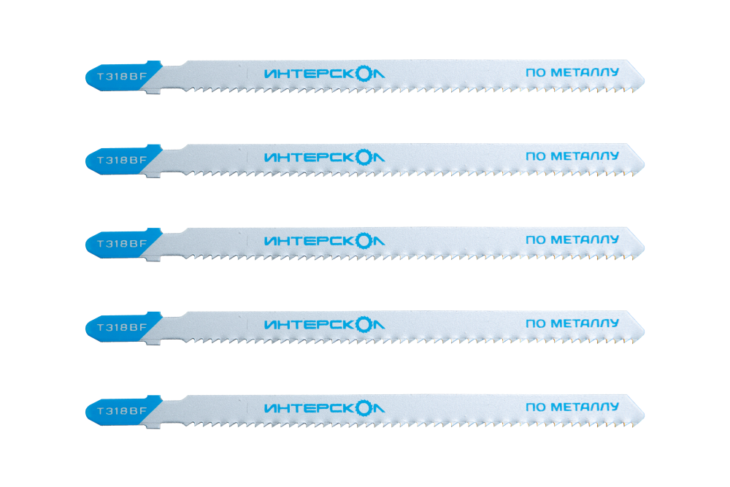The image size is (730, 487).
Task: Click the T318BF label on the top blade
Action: pos(122,77)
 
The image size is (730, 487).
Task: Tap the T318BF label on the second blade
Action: pos(122,160)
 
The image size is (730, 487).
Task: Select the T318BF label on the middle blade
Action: pos(122,244)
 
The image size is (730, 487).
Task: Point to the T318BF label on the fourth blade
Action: pos(122,327)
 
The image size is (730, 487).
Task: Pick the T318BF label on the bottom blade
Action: pos(122,410)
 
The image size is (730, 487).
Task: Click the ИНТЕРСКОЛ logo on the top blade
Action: pos(325,74)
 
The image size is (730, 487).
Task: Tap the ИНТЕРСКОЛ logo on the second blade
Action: pos(325,158)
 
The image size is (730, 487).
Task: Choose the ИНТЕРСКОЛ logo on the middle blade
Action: pos(325,241)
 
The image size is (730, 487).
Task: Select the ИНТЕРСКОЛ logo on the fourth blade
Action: pos(325,324)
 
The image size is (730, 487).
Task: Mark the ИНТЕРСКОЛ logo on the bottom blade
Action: pos(325,408)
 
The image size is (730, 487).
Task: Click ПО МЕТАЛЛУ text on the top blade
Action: pos(572,72)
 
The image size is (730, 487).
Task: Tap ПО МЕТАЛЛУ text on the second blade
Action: pos(572,156)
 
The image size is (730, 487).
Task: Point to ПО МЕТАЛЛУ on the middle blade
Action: pos(572,239)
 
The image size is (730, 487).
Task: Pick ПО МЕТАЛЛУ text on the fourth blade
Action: pos(572,323)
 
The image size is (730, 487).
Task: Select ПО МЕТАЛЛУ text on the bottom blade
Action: pos(572,407)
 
